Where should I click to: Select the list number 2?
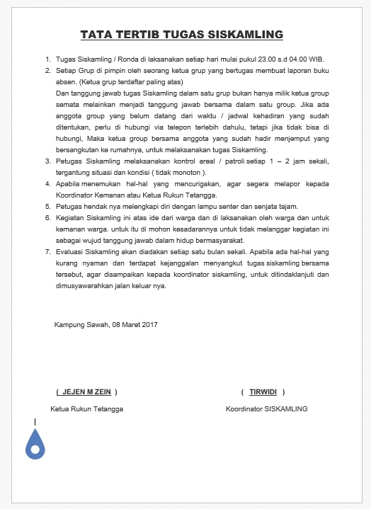(47, 71)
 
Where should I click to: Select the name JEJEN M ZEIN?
(86, 391)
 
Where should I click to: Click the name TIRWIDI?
(263, 391)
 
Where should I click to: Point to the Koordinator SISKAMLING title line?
(266, 408)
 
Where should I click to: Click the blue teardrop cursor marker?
(35, 444)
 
